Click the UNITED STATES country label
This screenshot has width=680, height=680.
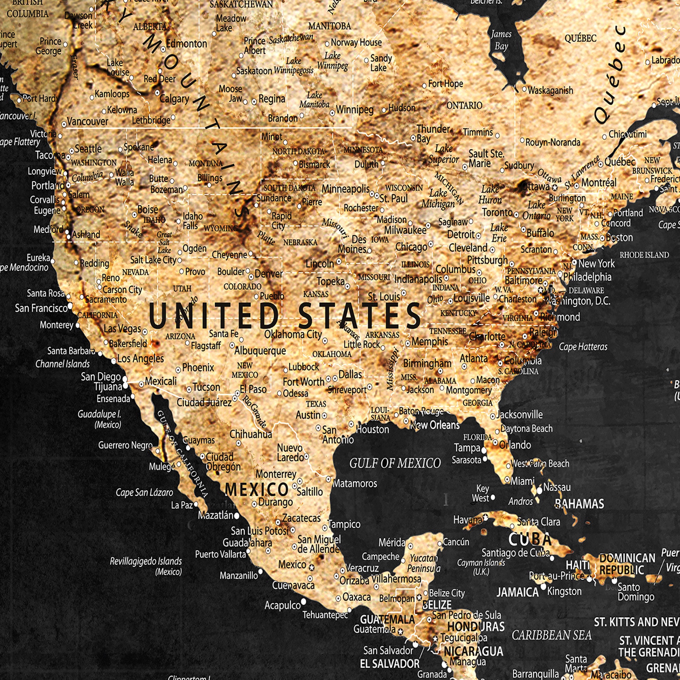click(284, 316)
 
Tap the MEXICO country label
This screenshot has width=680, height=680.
click(257, 489)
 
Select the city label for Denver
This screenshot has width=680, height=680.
click(269, 273)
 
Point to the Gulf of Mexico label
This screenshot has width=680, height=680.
click(394, 463)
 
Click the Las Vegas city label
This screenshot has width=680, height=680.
click(122, 329)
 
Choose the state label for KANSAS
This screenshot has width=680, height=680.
click(316, 294)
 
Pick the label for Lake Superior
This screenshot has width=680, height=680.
click(443, 154)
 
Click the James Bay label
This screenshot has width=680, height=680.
click(501, 40)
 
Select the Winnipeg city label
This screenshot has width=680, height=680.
click(354, 110)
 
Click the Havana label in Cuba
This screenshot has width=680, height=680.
click(468, 520)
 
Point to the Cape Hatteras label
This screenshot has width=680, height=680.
click(583, 347)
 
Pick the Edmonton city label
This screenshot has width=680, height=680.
click(187, 44)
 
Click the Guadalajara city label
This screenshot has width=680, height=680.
click(247, 543)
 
